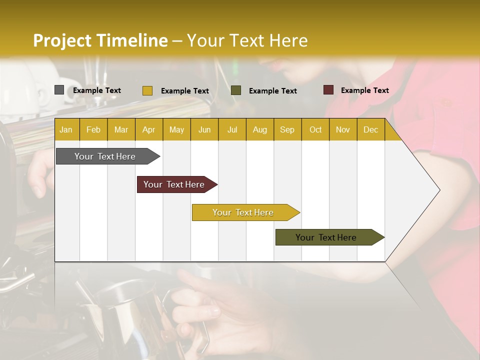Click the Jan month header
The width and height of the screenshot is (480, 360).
66,129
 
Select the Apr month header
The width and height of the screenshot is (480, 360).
148,129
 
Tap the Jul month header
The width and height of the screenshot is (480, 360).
232,129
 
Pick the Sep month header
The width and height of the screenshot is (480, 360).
287,129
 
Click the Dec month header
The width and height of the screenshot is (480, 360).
370,129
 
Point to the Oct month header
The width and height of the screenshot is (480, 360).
315,129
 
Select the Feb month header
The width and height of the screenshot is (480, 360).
93,129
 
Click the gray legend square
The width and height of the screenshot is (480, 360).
59,90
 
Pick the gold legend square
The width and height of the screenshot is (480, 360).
147,90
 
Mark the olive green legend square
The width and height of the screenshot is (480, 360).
236,90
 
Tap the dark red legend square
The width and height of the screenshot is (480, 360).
328,90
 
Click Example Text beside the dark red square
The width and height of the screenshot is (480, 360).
364,90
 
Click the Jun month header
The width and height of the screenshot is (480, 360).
204,129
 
